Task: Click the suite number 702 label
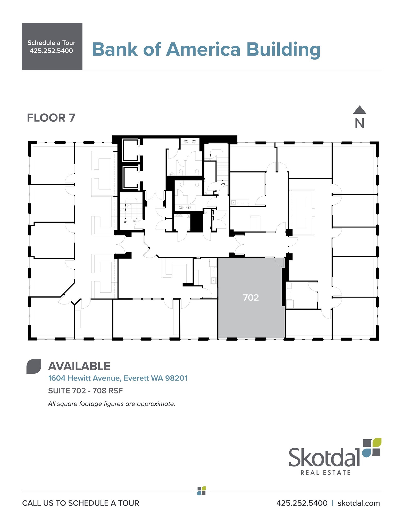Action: tap(251, 298)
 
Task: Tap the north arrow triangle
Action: tap(360, 110)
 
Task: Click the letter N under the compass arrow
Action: tap(360, 124)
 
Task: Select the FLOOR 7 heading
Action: tap(51, 118)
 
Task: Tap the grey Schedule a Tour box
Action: tap(52, 46)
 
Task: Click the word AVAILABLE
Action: tap(79, 366)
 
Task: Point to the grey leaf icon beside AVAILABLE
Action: tap(34, 366)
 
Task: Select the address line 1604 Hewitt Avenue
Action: tap(118, 378)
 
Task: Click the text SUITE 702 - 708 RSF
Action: tap(86, 391)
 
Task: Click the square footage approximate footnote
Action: tap(112, 404)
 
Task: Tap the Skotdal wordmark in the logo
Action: tap(324, 457)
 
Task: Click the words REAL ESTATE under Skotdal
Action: tap(326, 473)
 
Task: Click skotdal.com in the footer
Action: tap(359, 503)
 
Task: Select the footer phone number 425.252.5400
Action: tap(302, 503)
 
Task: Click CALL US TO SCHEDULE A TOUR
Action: tap(81, 503)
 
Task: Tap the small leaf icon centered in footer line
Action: tap(202, 491)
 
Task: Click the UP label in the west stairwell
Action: tap(126, 222)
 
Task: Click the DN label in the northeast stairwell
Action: tap(223, 184)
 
